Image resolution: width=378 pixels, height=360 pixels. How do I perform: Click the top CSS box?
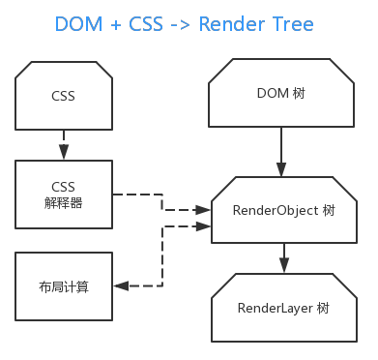(x=63, y=97)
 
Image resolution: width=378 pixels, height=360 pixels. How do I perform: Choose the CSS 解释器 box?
(x=63, y=195)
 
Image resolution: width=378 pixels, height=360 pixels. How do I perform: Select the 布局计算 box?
(x=63, y=285)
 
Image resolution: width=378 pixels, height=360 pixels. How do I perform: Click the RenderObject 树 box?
(x=281, y=209)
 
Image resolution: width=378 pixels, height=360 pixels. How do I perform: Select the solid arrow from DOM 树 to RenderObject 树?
(x=281, y=151)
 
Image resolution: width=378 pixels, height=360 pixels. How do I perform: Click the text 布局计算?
(x=63, y=285)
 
